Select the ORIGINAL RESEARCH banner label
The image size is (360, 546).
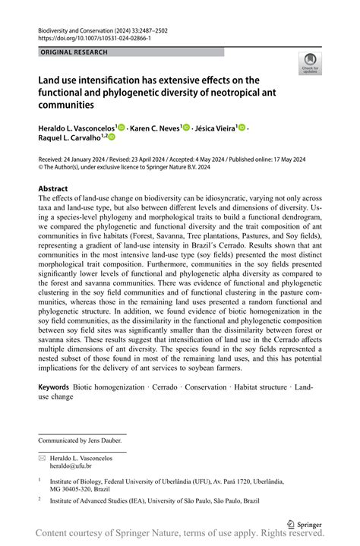(x=74, y=52)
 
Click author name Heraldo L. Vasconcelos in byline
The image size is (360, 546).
(x=75, y=129)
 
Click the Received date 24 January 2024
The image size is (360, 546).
(x=71, y=160)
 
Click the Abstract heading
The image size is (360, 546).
(x=53, y=188)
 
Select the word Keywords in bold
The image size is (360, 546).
(x=53, y=387)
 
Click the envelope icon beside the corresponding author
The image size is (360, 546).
(x=42, y=458)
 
